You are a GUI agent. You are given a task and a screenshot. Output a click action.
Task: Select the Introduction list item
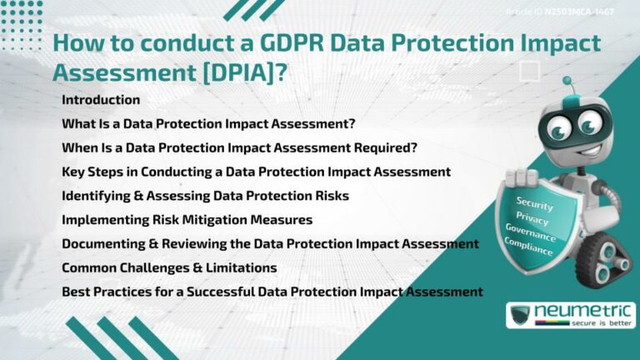coord(101,100)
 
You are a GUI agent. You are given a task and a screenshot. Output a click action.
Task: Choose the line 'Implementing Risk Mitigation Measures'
coord(187,220)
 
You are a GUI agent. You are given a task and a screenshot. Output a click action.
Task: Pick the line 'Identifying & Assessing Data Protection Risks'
coord(205,196)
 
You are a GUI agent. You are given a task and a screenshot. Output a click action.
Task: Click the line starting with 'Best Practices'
coord(272,292)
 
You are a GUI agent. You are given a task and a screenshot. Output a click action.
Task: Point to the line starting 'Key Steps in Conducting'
coord(256,172)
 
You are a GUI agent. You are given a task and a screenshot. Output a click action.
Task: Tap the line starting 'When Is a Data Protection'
coord(239,147)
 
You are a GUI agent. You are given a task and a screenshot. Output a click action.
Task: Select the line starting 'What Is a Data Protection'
coord(208,123)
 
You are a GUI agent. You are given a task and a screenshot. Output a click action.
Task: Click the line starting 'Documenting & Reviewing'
coord(270,243)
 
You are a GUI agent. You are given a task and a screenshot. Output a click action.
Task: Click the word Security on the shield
coord(534,202)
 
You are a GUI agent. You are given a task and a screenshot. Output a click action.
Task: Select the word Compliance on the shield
coord(527,247)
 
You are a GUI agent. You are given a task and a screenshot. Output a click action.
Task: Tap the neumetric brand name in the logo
coord(583,312)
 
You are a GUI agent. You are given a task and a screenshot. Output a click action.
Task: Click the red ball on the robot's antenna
coord(567,82)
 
